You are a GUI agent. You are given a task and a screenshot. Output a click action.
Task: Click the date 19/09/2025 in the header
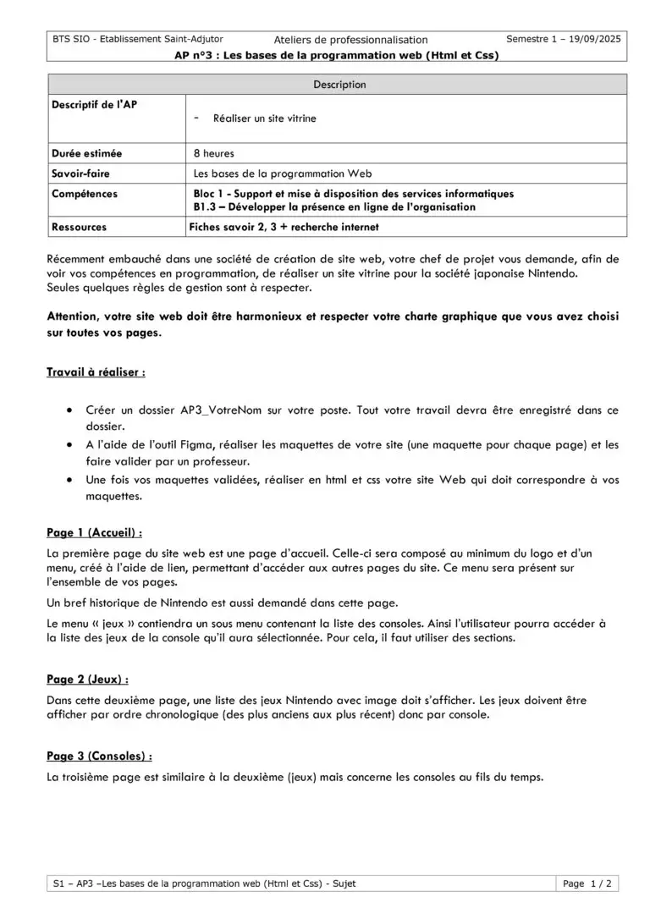[593, 39]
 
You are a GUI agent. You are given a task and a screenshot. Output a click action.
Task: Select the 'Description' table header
[339, 85]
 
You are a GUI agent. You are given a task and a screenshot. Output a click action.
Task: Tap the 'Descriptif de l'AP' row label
[94, 105]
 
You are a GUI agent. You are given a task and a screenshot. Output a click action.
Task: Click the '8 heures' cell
[214, 154]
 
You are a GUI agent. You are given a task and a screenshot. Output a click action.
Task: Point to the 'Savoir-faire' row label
[81, 173]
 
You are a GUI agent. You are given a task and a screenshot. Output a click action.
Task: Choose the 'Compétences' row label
[85, 194]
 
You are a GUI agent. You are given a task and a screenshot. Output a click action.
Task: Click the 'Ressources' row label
[80, 227]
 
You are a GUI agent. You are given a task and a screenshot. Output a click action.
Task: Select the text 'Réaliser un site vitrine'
[265, 118]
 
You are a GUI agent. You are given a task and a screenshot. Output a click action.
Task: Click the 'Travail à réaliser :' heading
[96, 371]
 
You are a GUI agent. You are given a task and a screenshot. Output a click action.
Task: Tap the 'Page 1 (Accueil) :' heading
[94, 533]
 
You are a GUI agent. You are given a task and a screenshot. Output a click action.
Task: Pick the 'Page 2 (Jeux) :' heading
[88, 680]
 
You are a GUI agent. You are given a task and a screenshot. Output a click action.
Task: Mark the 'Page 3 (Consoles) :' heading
[99, 756]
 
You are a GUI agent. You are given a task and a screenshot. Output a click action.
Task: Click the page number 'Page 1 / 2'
[587, 883]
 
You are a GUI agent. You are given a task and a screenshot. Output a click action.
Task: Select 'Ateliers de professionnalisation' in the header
[351, 40]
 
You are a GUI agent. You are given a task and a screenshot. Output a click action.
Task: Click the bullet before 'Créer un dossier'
[68, 410]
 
